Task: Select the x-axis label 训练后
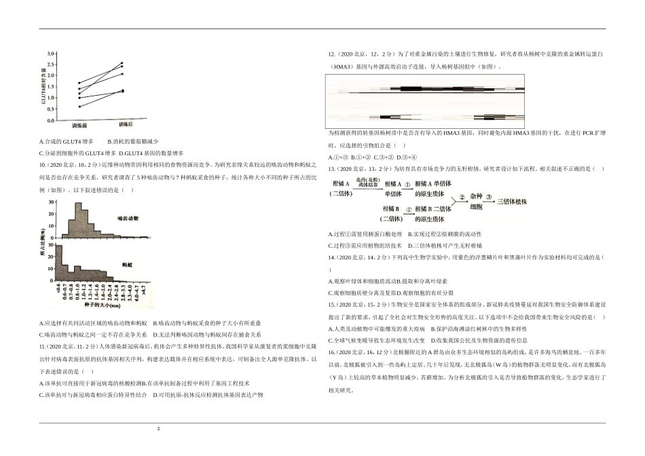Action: click(126, 126)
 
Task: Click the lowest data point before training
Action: click(79, 107)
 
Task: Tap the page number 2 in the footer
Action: click(158, 429)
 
